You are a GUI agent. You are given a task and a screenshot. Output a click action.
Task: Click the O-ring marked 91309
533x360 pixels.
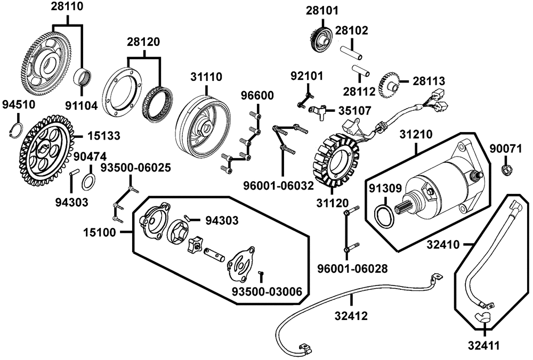385,216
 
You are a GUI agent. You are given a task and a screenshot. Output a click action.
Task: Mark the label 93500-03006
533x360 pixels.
266,291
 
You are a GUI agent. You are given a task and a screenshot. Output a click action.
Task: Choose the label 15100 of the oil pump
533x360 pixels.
102,232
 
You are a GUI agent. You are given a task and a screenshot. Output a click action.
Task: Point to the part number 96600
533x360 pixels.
256,96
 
